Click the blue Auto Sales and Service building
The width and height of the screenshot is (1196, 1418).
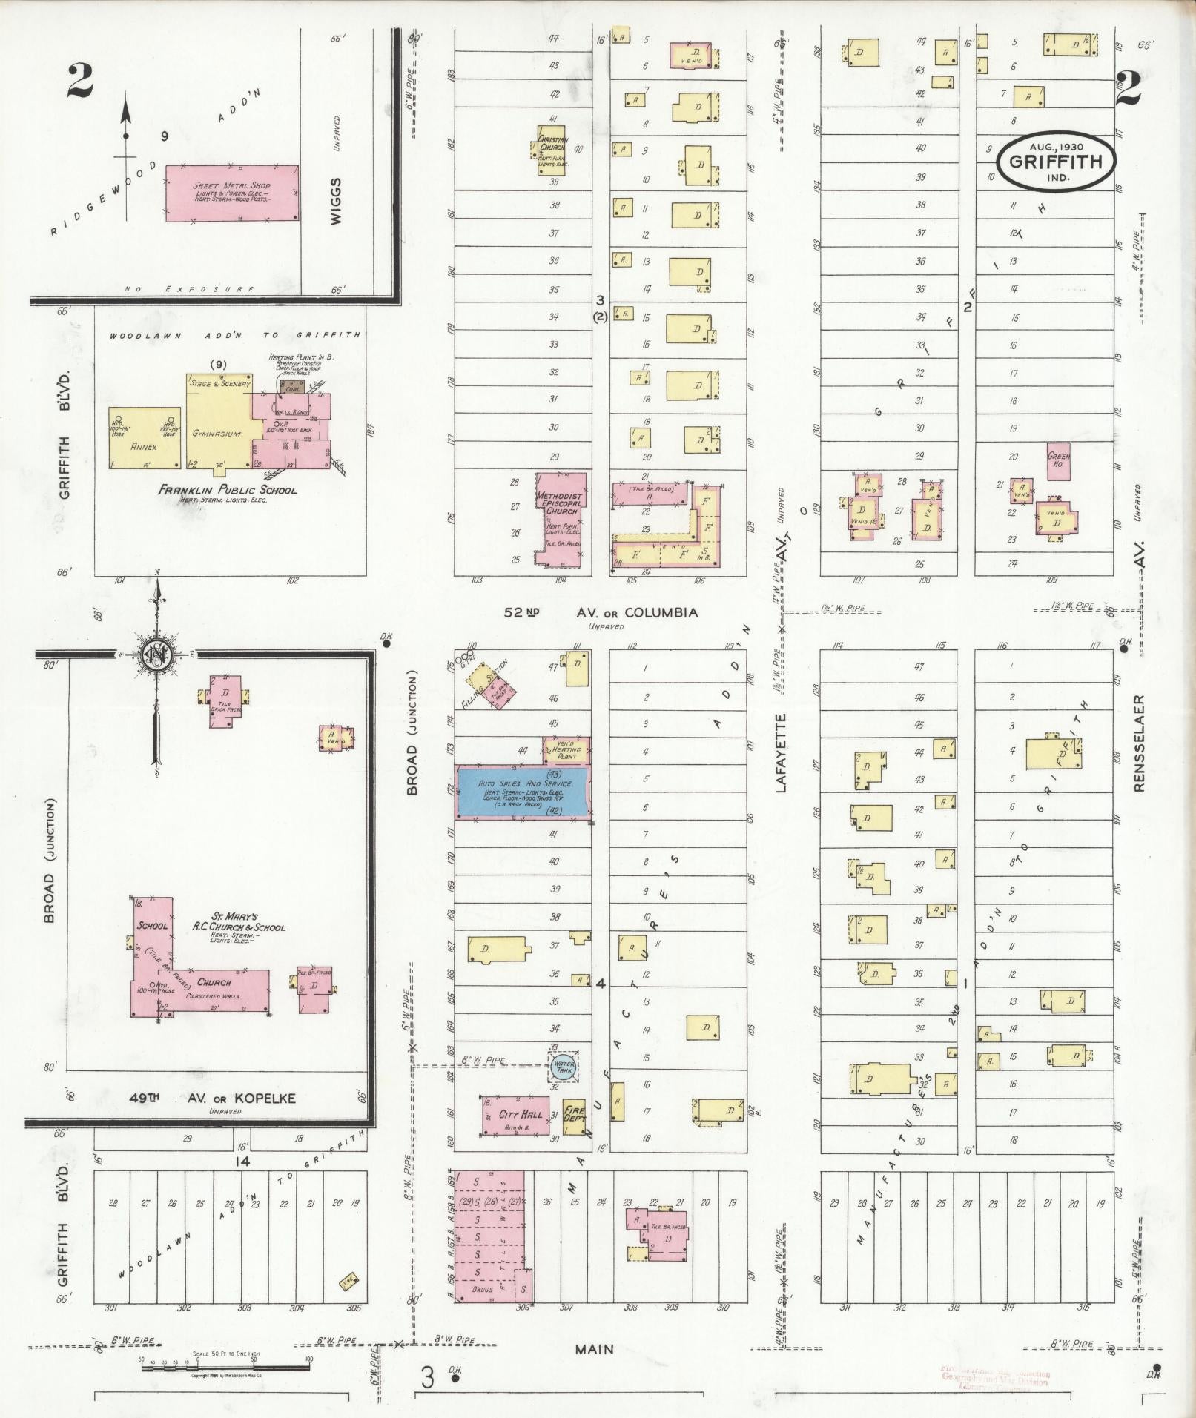(x=523, y=792)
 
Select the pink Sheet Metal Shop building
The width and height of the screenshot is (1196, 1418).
(x=232, y=193)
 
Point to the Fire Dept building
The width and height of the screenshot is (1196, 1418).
(x=574, y=1116)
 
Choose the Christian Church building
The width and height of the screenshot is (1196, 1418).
(x=552, y=150)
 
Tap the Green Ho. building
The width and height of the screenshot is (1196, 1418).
(x=1058, y=461)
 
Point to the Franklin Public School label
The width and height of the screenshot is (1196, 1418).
(x=227, y=490)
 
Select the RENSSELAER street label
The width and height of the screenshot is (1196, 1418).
(x=1139, y=743)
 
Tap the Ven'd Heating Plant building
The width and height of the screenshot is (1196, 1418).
(x=567, y=750)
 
